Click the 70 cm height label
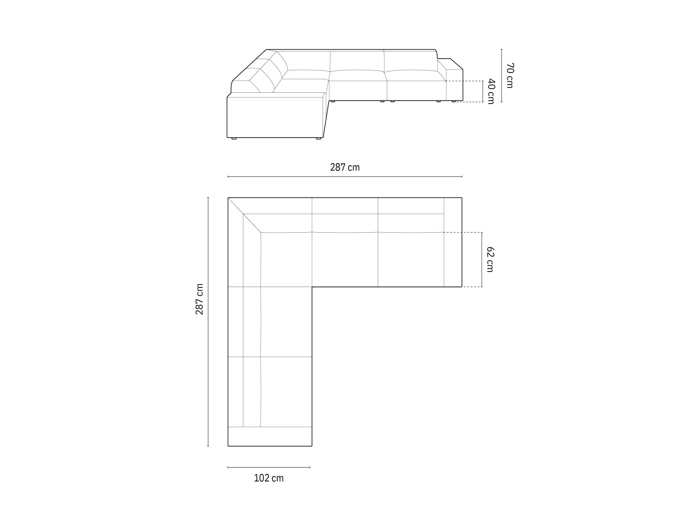pyautogui.click(x=510, y=76)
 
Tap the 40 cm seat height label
pyautogui.click(x=491, y=91)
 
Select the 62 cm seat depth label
pyautogui.click(x=490, y=259)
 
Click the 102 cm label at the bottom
pyautogui.click(x=269, y=478)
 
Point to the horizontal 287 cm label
pyautogui.click(x=345, y=167)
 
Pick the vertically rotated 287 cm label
pyautogui.click(x=200, y=299)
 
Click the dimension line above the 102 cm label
pyautogui.click(x=269, y=467)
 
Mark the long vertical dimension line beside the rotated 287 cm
pyautogui.click(x=208, y=322)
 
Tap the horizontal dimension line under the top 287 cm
pyautogui.click(x=345, y=177)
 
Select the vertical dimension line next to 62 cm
pyautogui.click(x=482, y=259)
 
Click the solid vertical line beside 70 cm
pyautogui.click(x=502, y=76)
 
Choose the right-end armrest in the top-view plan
pyautogui.click(x=453, y=242)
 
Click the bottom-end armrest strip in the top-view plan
pyautogui.click(x=270, y=436)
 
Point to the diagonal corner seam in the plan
pyautogui.click(x=244, y=215)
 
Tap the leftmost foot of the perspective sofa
pyautogui.click(x=233, y=139)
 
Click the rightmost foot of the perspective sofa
pyautogui.click(x=452, y=102)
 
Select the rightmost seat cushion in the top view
pyautogui.click(x=411, y=259)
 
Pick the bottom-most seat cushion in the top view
pyautogui.click(x=286, y=392)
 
